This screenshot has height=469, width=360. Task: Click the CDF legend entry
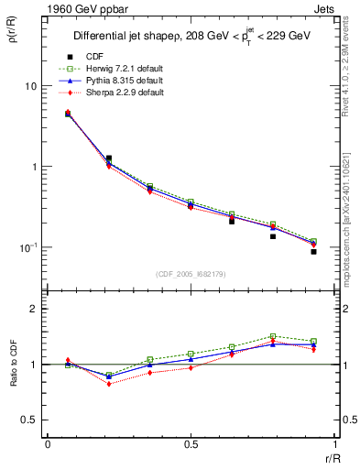pos(93,57)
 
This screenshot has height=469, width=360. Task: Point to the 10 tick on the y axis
pos(29,86)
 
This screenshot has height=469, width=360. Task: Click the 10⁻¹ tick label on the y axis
pos(27,247)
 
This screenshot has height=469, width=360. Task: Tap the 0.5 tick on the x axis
pos(191,444)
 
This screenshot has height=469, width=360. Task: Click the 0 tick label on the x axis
pos(48,444)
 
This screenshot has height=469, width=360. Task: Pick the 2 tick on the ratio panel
pos(33,309)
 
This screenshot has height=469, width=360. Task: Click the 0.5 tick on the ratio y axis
pos(28,420)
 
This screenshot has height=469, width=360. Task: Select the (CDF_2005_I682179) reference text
pos(191,275)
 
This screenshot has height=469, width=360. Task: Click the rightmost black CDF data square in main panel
pos(313,251)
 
